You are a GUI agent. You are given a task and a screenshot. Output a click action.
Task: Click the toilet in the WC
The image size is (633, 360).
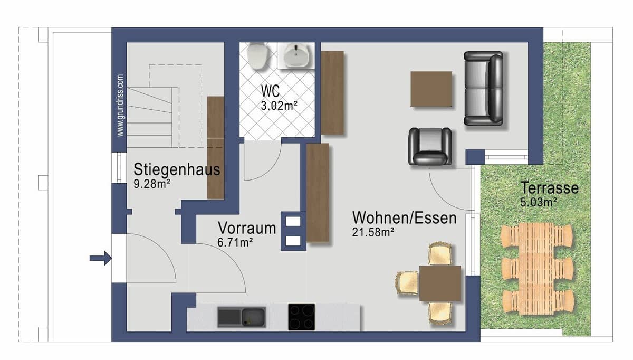point(257,55)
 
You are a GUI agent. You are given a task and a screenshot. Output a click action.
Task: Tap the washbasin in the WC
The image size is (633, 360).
point(298,55)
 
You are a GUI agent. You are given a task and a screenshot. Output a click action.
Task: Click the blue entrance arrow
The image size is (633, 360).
point(100,258)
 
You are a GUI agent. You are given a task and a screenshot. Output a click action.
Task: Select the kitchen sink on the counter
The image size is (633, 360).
point(241,317)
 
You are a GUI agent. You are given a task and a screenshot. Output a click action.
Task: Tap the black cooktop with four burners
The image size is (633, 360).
point(302,317)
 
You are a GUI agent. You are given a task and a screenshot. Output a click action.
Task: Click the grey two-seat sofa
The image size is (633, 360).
point(483,88)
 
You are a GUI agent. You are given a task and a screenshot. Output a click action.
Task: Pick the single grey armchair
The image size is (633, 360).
point(430,146)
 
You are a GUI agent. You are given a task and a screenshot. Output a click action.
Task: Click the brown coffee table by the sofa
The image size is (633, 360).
point(431,89)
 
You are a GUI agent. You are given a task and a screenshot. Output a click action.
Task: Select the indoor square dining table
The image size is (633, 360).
point(440,282)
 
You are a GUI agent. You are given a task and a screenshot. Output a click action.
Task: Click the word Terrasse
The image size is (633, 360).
point(549,188)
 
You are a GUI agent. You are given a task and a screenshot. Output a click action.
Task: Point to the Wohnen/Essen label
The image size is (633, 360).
point(404,217)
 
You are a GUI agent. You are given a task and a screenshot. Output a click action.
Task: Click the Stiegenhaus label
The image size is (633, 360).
point(177,170)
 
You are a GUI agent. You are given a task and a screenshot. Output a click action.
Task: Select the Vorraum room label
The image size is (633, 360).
point(247,229)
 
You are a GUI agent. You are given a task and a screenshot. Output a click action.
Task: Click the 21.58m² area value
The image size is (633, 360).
point(373,231)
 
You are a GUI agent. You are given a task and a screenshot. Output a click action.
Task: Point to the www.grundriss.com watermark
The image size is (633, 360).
point(121,105)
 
